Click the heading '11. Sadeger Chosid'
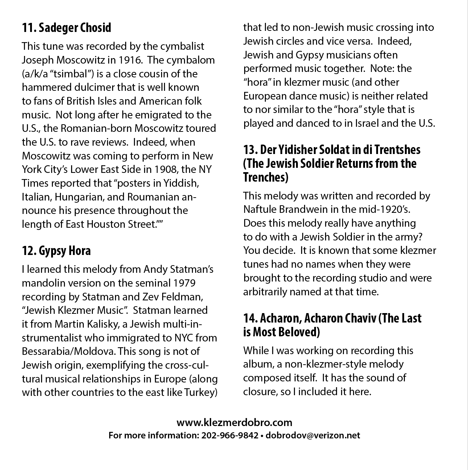point(66,28)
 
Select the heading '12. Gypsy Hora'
point(56,251)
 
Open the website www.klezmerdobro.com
point(234,423)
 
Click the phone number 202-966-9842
point(230,435)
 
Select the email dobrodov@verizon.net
point(313,435)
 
